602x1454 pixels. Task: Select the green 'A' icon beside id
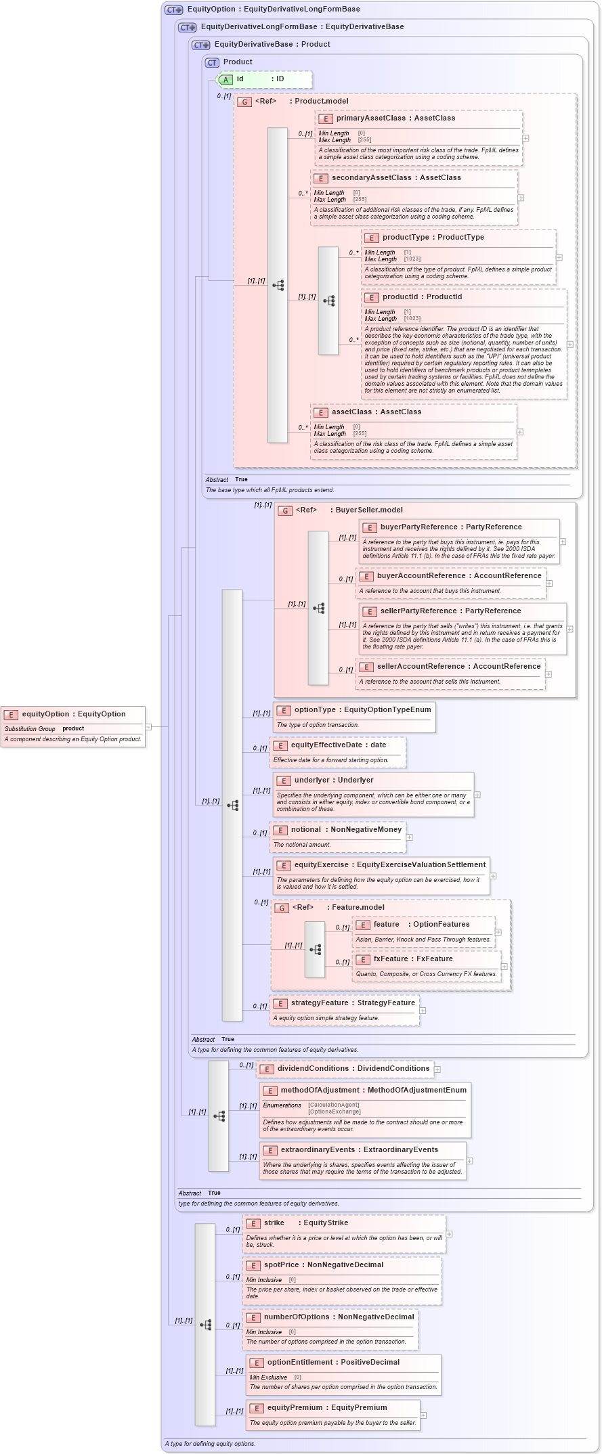[226, 79]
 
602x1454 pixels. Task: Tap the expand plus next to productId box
[569, 345]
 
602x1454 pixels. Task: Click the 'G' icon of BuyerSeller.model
[285, 510]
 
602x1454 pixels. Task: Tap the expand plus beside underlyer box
[477, 795]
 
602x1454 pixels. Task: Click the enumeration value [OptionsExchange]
[335, 1111]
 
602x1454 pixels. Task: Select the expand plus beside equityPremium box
[423, 1415]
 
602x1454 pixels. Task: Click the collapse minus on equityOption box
[148, 727]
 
